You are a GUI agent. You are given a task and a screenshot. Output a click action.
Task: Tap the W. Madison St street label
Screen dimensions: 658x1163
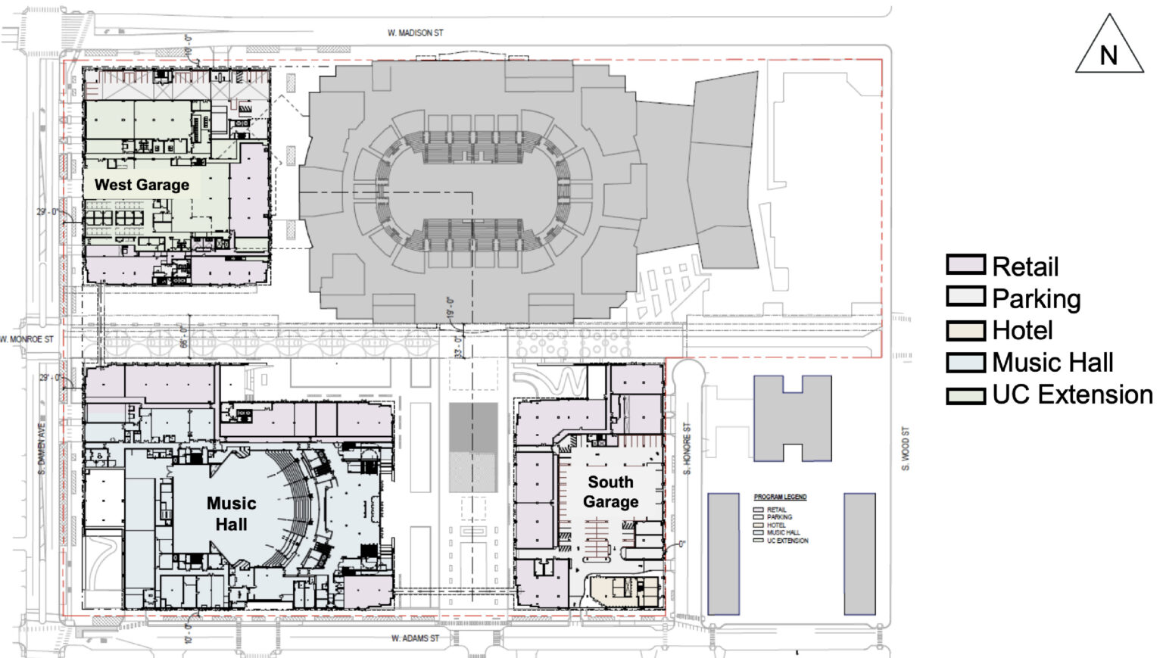click(415, 33)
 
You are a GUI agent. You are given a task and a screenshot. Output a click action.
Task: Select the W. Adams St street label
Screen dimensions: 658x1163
click(415, 638)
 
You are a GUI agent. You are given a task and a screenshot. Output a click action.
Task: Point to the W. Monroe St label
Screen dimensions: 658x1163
click(27, 339)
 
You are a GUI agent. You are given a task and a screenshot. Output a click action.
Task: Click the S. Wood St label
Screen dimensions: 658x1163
click(906, 448)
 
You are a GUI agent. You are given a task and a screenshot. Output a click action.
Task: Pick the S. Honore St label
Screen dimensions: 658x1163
click(688, 449)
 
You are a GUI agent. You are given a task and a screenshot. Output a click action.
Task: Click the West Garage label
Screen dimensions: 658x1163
click(142, 185)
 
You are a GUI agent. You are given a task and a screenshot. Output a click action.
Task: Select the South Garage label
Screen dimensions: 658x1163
click(611, 491)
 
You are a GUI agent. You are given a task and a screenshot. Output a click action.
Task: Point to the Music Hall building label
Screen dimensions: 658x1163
click(231, 513)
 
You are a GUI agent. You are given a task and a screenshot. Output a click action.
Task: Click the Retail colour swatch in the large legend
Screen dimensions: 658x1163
click(965, 266)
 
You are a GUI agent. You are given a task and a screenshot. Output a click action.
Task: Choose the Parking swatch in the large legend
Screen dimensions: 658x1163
click(965, 298)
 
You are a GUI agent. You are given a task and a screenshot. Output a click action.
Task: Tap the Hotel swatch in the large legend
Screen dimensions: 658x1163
click(965, 330)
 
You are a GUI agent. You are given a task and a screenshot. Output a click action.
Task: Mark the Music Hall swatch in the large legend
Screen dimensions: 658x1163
click(965, 363)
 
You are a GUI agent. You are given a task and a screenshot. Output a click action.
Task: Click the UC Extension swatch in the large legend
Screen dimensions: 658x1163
click(965, 394)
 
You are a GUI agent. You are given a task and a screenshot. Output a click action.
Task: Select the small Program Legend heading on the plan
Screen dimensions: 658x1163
click(780, 497)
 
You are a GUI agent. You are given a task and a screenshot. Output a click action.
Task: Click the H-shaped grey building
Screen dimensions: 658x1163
click(792, 418)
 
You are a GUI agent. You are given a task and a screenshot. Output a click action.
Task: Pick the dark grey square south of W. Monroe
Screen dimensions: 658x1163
click(473, 427)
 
